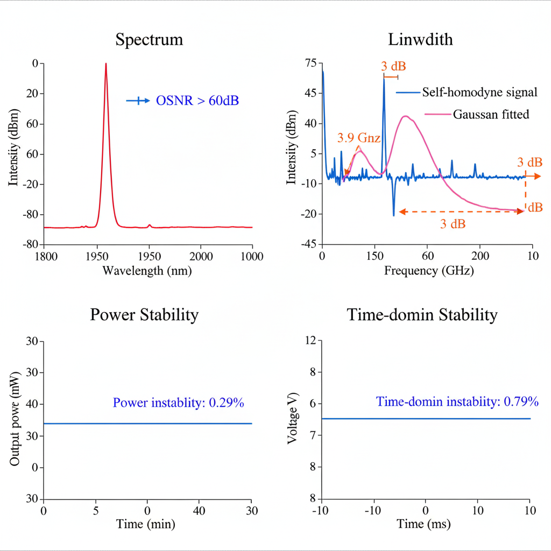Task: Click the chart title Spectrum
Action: point(149,40)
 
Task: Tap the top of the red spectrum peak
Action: point(105,63)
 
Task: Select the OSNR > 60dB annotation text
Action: point(197,100)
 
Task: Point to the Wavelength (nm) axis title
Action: point(147,271)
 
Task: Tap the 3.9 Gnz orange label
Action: point(359,138)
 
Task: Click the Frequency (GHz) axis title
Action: point(429,271)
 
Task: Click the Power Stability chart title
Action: point(144,315)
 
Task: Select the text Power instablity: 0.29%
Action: point(182,402)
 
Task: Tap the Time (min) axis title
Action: point(147,524)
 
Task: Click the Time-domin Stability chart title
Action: point(422,315)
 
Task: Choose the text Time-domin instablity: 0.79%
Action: point(457,401)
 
